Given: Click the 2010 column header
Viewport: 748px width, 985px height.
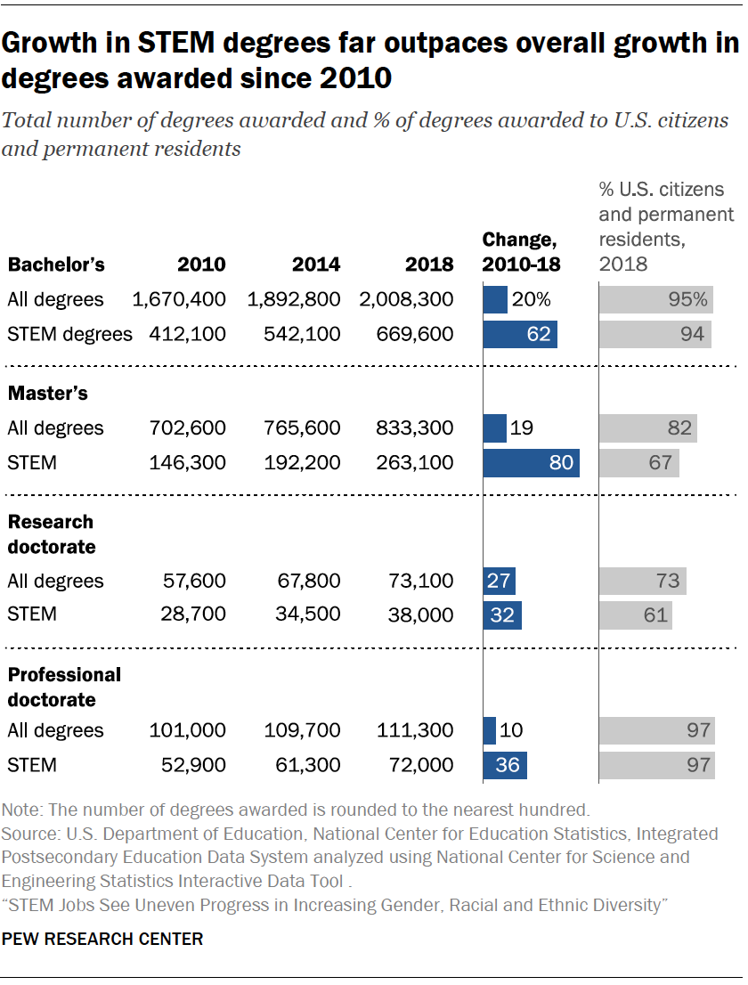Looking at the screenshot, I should pyautogui.click(x=201, y=265).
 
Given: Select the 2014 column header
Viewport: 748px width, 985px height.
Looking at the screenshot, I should pyautogui.click(x=315, y=265).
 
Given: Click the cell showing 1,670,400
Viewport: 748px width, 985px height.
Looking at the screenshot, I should pyautogui.click(x=179, y=300).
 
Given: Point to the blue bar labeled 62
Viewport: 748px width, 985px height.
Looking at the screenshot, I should pyautogui.click(x=520, y=335).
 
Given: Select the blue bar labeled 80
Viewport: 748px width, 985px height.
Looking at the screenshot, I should pyautogui.click(x=531, y=463).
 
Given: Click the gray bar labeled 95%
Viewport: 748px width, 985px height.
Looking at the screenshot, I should pyautogui.click(x=656, y=300).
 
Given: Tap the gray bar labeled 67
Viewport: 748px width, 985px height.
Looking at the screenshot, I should pyautogui.click(x=638, y=463).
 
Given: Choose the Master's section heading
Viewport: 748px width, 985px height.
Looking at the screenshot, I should pyautogui.click(x=47, y=393).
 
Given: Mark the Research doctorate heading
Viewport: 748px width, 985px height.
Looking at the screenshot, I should pyautogui.click(x=51, y=533).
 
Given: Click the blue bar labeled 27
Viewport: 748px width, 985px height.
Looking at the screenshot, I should pyautogui.click(x=499, y=582).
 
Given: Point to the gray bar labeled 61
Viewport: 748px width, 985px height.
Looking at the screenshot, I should pyautogui.click(x=635, y=615).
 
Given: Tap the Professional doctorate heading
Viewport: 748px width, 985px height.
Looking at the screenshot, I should pyautogui.click(x=63, y=687).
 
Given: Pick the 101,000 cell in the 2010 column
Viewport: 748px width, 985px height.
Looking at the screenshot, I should pyautogui.click(x=189, y=731).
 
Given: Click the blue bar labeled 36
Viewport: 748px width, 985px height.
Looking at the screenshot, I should pyautogui.click(x=505, y=765).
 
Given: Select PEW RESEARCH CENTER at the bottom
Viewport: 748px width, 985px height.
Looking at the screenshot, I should pyautogui.click(x=102, y=939).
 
